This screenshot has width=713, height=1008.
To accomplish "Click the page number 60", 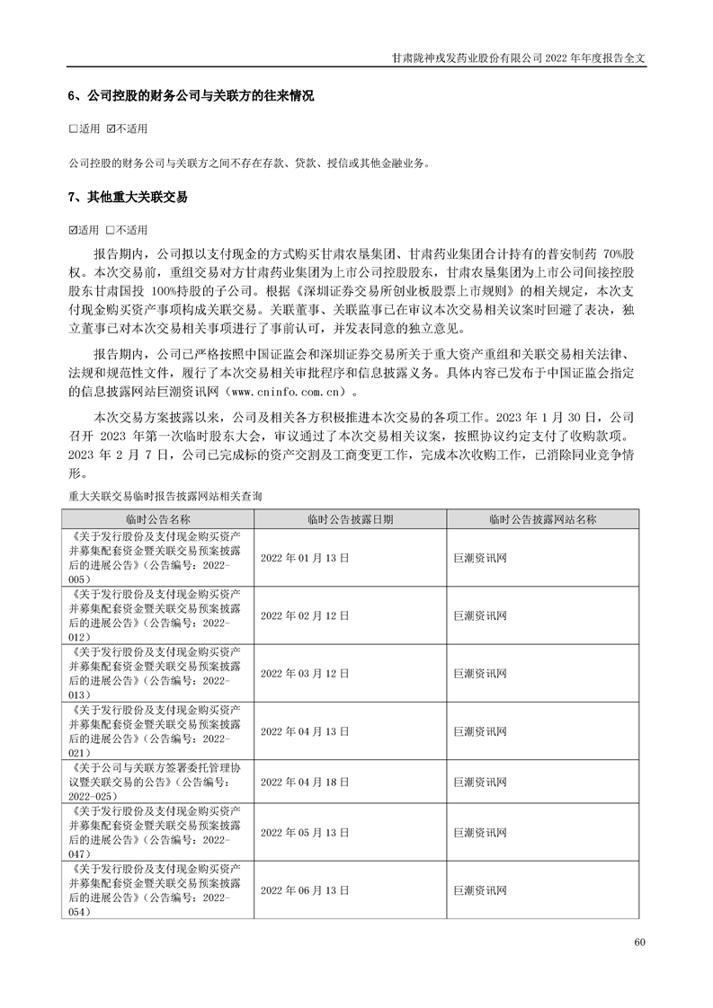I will click(x=639, y=942).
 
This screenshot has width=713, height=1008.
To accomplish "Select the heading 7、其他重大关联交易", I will click(x=128, y=197).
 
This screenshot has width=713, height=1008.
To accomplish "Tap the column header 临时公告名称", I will click(x=158, y=519).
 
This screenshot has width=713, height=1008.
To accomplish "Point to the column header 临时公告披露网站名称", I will click(x=543, y=519).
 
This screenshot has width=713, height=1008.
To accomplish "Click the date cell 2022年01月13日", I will click(x=304, y=558).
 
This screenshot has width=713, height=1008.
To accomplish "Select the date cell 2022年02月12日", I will click(x=304, y=615).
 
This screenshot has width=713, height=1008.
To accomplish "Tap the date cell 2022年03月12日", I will click(x=304, y=673).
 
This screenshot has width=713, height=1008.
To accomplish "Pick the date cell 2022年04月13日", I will click(x=304, y=731).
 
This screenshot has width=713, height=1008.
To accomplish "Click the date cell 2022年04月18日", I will click(x=304, y=783).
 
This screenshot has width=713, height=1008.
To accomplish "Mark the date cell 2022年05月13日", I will click(x=304, y=833).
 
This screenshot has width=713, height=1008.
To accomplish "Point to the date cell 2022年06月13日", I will click(x=304, y=890).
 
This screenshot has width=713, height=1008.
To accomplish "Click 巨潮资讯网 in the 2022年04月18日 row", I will click(x=481, y=783).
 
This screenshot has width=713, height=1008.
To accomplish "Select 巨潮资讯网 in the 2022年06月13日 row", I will click(x=481, y=890).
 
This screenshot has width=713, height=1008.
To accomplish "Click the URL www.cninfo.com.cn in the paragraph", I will click(x=287, y=392).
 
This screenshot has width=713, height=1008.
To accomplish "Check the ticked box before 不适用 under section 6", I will click(x=111, y=129).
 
